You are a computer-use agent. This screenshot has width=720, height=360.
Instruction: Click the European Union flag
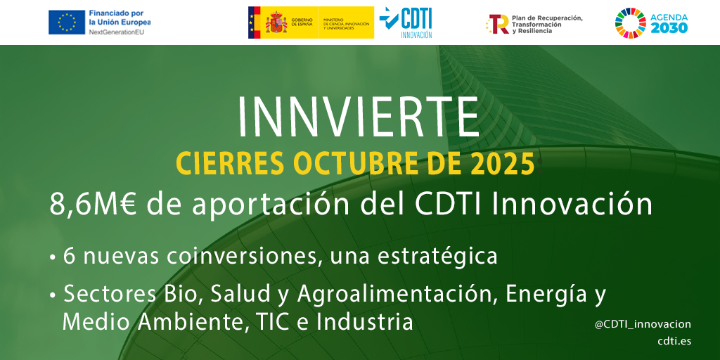(x=66, y=22)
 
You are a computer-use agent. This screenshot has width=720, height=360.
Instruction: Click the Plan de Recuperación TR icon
(x=498, y=24)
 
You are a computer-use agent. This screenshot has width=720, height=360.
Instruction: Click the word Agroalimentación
(x=399, y=294)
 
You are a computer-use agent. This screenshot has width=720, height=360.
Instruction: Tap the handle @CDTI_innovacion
(x=643, y=324)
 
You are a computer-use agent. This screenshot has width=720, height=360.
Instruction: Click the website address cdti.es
(x=674, y=341)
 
